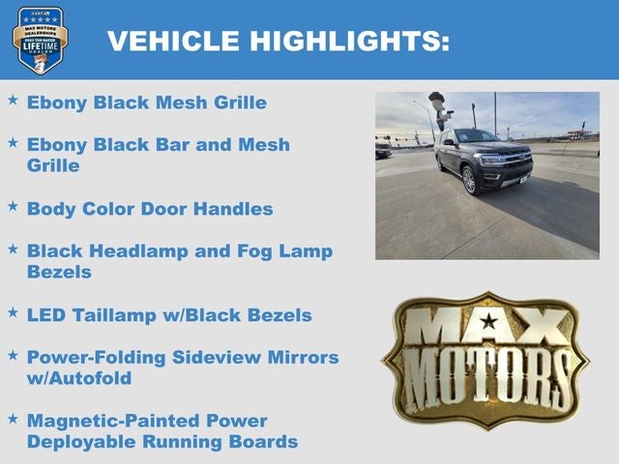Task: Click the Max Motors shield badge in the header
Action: pos(41,40)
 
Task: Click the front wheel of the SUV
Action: pos(469,181)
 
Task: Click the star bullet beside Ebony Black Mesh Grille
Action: pos(13,100)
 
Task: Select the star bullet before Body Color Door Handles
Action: pos(13,206)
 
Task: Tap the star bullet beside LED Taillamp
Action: pos(13,312)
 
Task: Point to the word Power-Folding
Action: pos(97,358)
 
